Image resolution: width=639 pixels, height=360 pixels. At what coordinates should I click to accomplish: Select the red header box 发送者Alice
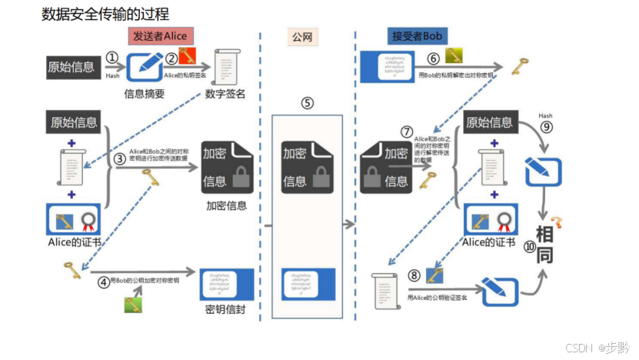(x=158, y=35)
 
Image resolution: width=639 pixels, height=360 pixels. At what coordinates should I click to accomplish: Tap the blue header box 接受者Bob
(x=417, y=35)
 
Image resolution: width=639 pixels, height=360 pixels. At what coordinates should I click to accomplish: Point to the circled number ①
(x=111, y=57)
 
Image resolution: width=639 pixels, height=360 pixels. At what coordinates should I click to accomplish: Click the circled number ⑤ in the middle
(x=307, y=102)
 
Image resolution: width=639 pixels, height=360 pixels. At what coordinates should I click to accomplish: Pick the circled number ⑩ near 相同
(x=529, y=246)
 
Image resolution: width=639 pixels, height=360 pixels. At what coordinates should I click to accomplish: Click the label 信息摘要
(x=145, y=94)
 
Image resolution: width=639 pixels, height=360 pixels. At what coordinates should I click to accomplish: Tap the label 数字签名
(x=225, y=94)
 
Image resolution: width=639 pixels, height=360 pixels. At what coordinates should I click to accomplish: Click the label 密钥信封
(x=225, y=310)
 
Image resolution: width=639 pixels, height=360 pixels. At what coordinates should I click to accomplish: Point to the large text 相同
(x=544, y=245)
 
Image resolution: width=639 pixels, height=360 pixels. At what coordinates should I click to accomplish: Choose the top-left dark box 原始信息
(x=72, y=66)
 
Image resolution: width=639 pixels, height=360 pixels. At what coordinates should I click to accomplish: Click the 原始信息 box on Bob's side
(x=489, y=122)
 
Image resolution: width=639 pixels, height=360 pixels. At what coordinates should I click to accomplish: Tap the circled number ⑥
(x=434, y=58)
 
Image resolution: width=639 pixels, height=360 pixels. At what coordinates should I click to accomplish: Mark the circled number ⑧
(x=414, y=274)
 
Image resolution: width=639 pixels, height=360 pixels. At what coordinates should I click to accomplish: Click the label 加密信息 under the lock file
(x=226, y=205)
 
